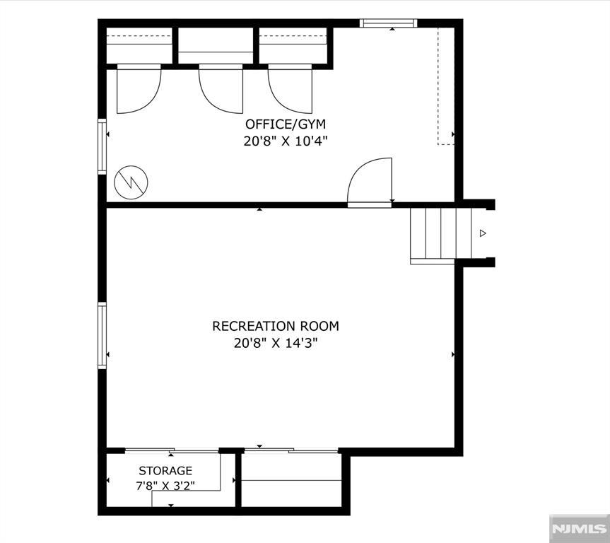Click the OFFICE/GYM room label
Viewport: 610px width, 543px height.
click(x=286, y=124)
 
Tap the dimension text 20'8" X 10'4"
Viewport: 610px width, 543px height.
click(x=286, y=141)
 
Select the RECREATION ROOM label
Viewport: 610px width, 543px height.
click(x=276, y=326)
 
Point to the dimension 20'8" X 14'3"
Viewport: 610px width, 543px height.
click(x=276, y=343)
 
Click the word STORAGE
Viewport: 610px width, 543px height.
click(x=165, y=471)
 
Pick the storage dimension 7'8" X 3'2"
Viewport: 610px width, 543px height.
click(x=165, y=486)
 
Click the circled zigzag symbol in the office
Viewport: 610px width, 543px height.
click(x=131, y=182)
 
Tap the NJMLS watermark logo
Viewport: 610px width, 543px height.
click(x=580, y=528)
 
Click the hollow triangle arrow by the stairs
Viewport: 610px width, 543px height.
click(x=483, y=233)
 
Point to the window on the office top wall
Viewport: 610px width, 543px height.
click(x=388, y=23)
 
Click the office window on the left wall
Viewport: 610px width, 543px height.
click(x=102, y=146)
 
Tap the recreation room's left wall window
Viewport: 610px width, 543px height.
click(x=102, y=336)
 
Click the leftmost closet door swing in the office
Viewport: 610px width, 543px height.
click(x=139, y=89)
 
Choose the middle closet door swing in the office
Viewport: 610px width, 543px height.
click(x=221, y=89)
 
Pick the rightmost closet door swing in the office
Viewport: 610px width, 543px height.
click(x=290, y=89)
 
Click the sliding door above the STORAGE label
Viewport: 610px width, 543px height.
click(x=172, y=451)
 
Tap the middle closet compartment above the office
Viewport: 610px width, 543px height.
click(x=216, y=45)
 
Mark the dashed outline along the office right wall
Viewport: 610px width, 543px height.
click(x=446, y=86)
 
